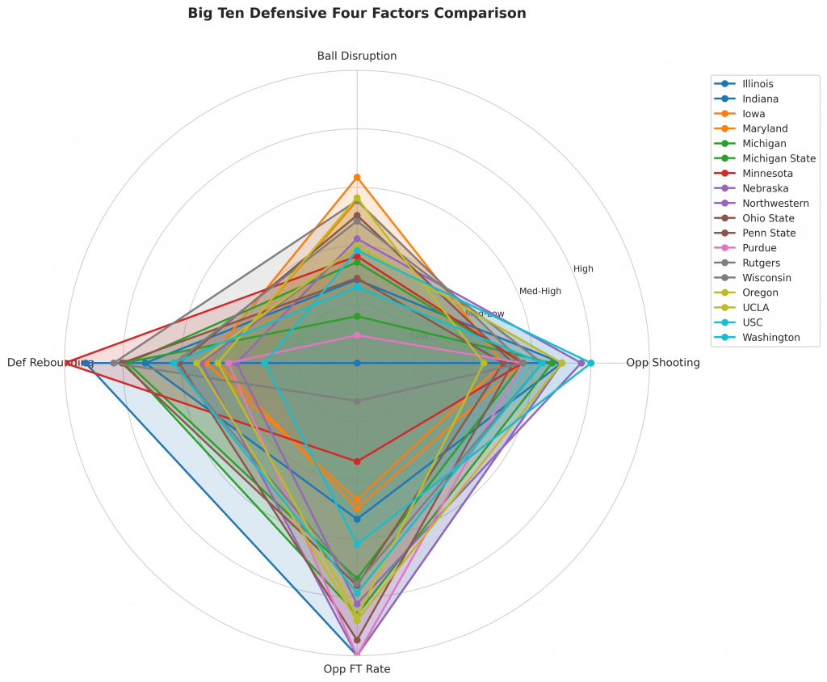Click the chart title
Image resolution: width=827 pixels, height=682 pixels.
click(356, 13)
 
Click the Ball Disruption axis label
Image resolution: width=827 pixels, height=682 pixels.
click(356, 56)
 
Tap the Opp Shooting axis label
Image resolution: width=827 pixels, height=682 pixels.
click(662, 363)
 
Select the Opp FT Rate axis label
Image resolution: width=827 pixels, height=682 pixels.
click(356, 669)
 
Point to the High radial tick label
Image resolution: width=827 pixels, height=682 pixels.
click(583, 269)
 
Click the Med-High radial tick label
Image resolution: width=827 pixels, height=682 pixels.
click(539, 291)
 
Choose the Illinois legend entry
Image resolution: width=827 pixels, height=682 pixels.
click(757, 84)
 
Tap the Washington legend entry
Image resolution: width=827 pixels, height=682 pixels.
click(770, 338)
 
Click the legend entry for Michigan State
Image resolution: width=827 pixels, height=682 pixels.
click(778, 158)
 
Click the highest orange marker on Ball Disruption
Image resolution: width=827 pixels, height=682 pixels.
click(356, 177)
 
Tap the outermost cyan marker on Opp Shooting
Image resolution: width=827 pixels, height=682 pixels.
click(590, 363)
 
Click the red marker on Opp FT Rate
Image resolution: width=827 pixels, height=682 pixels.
click(356, 461)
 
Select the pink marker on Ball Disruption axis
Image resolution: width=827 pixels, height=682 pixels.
click(356, 335)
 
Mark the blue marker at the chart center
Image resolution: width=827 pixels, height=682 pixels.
click(356, 363)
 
